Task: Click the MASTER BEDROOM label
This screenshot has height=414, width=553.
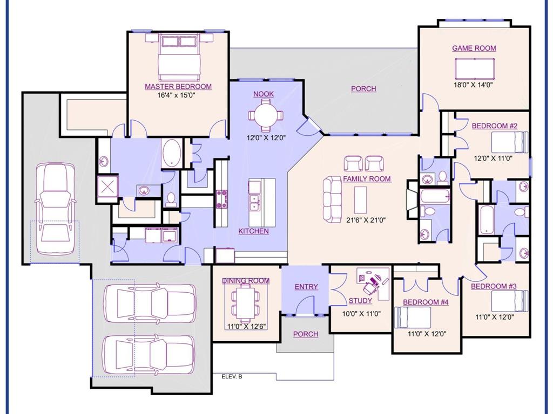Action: [178, 86]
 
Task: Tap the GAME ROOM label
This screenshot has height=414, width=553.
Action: [474, 48]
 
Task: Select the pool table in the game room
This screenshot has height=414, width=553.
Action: [475, 68]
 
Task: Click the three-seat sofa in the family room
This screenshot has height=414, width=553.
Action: [332, 198]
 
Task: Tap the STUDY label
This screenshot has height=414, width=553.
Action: [360, 301]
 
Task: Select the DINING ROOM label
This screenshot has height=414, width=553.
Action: [246, 281]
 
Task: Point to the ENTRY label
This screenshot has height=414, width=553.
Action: [306, 287]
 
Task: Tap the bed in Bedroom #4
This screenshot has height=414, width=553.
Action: [413, 318]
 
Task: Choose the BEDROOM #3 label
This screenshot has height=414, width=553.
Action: [493, 286]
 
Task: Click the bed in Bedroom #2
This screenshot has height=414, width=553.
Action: [509, 143]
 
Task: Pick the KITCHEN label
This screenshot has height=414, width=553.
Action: [253, 231]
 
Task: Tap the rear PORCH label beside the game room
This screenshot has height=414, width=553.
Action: [363, 89]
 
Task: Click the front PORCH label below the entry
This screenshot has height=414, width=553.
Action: [305, 334]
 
